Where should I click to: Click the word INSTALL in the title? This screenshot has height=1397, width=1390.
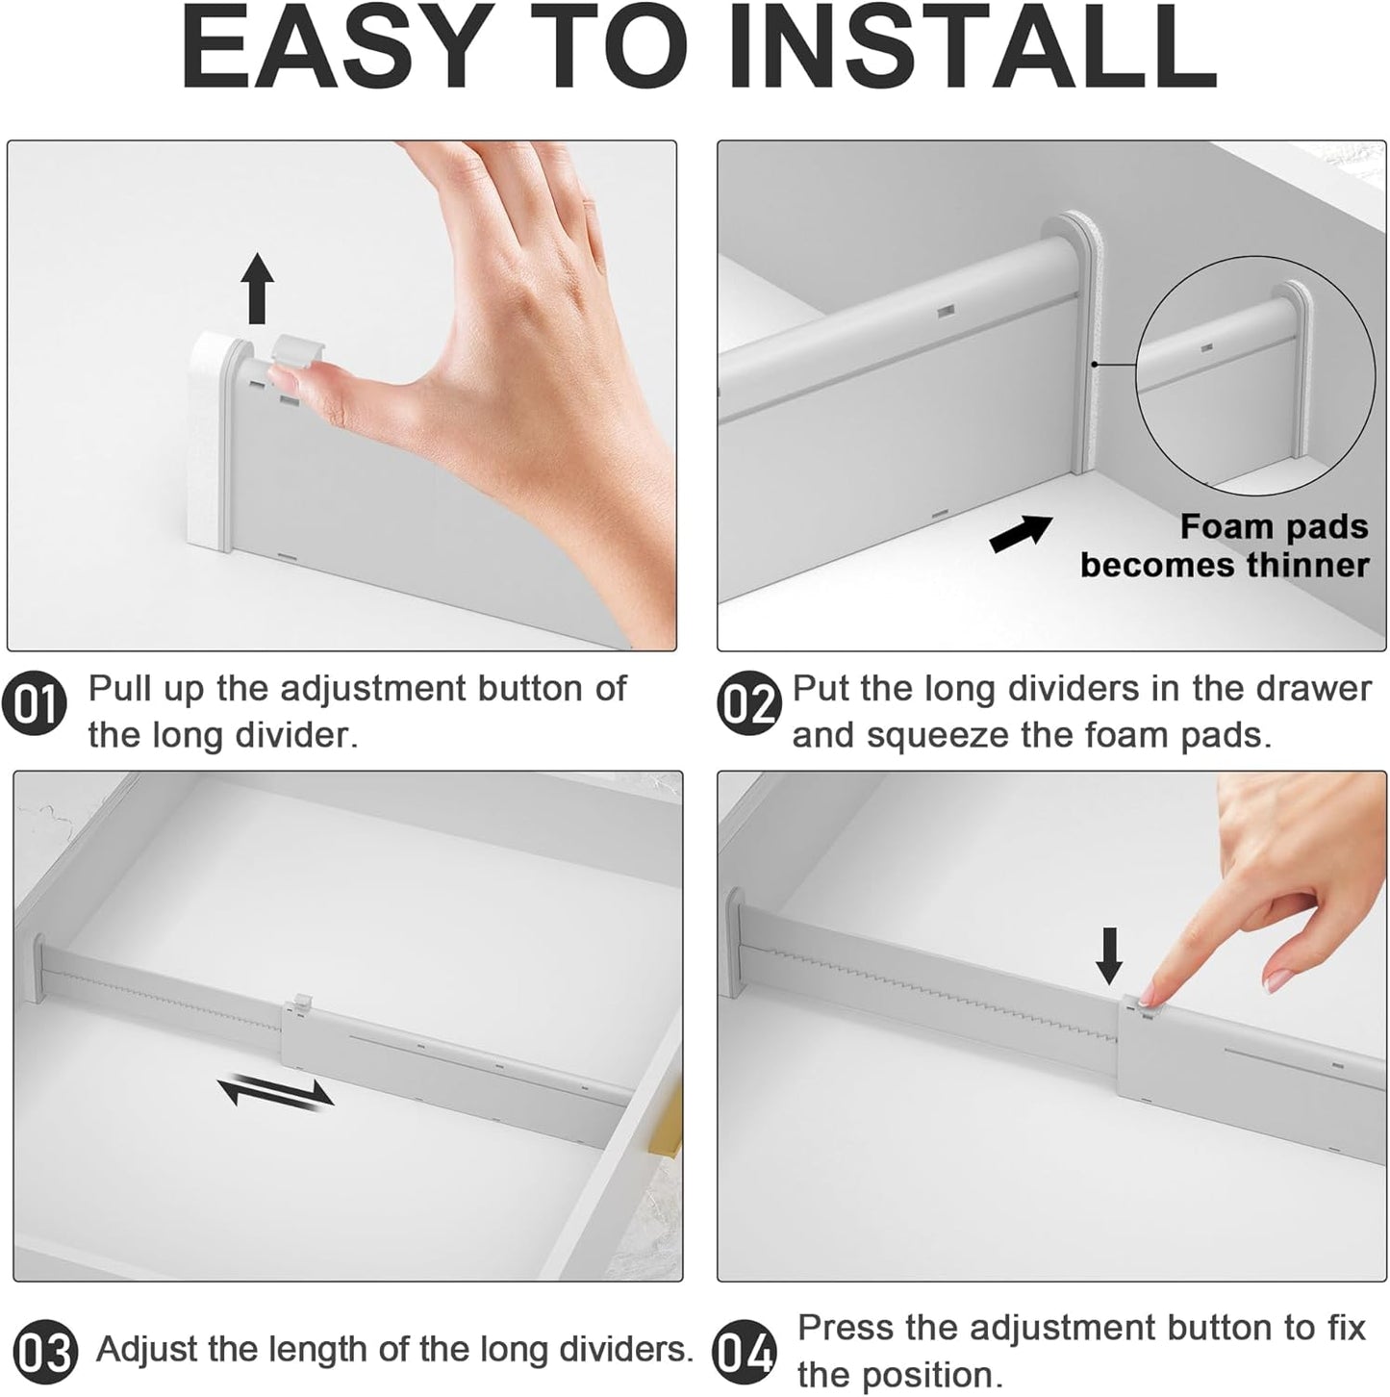[x=973, y=49]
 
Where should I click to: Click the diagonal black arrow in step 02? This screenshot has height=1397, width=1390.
[x=1021, y=533]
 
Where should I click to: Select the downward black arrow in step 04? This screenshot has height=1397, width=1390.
[x=1109, y=956]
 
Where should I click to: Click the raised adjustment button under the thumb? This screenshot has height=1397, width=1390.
[x=296, y=348]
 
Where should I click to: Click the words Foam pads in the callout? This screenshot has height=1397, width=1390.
[x=1274, y=527]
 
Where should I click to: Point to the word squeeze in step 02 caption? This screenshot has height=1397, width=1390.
[x=937, y=736]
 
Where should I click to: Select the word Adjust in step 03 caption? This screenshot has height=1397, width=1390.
[x=147, y=1350]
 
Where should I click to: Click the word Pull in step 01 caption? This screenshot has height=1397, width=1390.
[x=120, y=689]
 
